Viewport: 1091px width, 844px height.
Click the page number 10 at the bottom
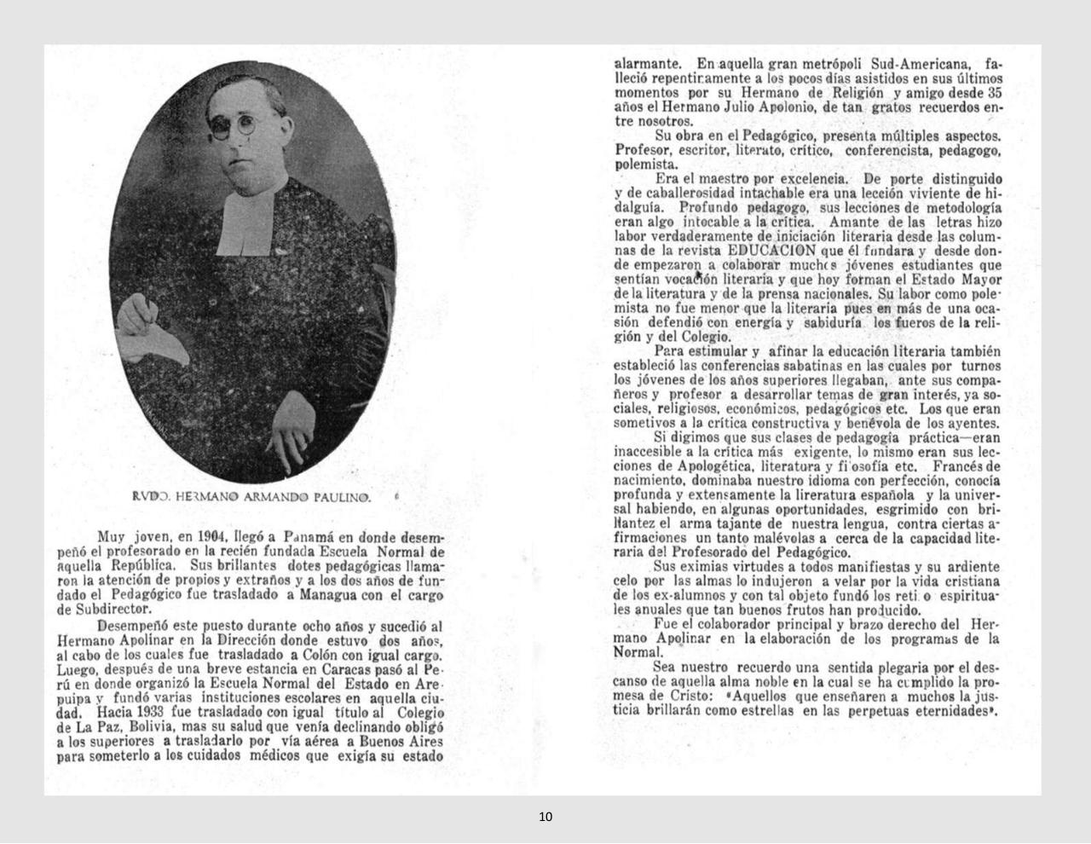[545, 817]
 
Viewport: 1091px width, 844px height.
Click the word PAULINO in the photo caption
[342, 496]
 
